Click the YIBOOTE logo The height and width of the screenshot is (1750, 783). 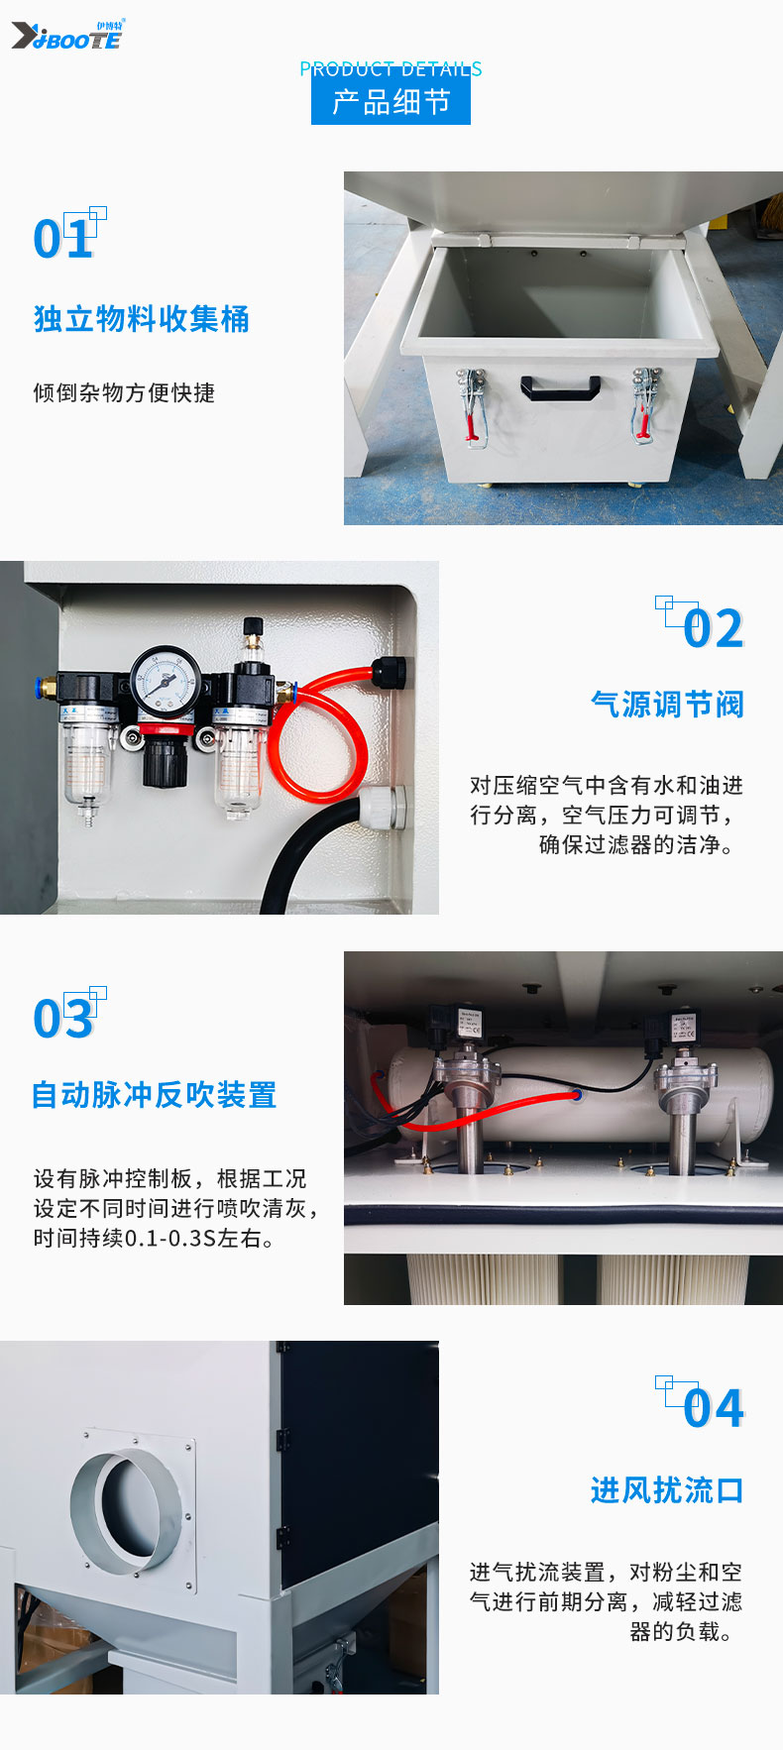pyautogui.click(x=67, y=36)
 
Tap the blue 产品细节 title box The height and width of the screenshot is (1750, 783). pyautogui.click(x=391, y=101)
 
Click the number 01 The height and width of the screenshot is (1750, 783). pyautogui.click(x=63, y=239)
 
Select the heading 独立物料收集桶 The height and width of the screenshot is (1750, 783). pyautogui.click(x=142, y=319)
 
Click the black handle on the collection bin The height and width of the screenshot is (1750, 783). pyautogui.click(x=560, y=386)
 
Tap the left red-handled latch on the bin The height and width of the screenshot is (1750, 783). pyautogui.click(x=473, y=405)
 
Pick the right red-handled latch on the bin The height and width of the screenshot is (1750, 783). pyautogui.click(x=644, y=403)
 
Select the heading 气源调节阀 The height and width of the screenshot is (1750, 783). pyautogui.click(x=667, y=705)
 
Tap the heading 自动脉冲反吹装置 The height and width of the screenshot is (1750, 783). pyautogui.click(x=155, y=1095)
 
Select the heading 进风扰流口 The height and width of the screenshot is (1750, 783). pyautogui.click(x=667, y=1490)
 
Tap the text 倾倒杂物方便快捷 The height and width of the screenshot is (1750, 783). pyautogui.click(x=124, y=392)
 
